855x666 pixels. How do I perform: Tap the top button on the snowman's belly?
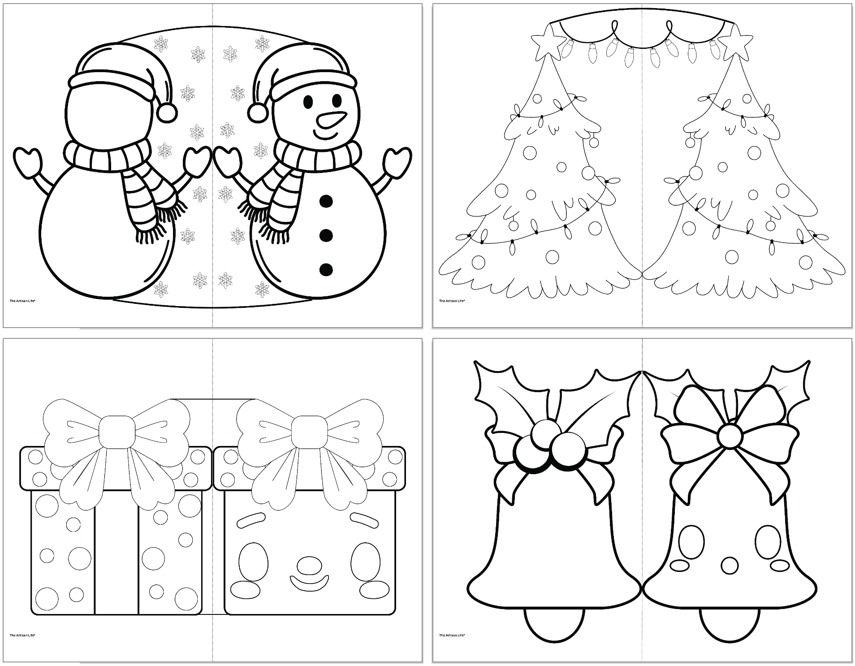tap(326, 202)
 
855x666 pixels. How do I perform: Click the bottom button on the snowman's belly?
tap(326, 270)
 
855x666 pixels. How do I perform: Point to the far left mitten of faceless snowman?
tap(28, 159)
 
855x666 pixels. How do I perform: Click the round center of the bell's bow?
tap(730, 435)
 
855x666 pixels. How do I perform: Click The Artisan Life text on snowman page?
tap(22, 301)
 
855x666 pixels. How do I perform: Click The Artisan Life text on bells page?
tap(452, 635)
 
